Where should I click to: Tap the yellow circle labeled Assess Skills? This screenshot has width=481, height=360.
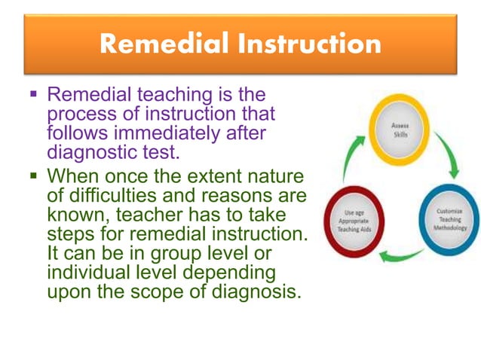(x=400, y=130)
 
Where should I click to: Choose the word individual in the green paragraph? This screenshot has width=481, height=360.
(x=87, y=271)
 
